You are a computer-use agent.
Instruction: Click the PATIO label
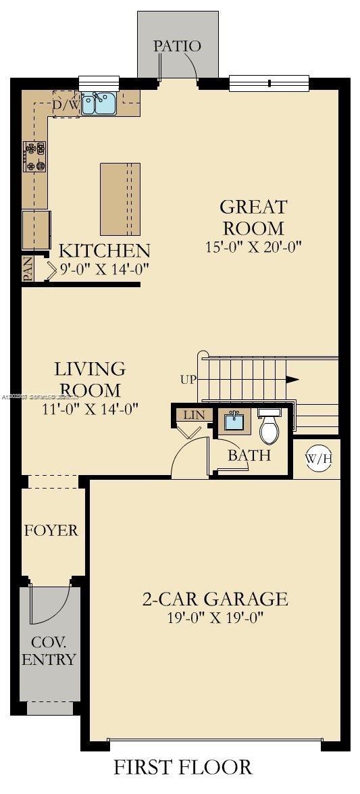pyautogui.click(x=177, y=46)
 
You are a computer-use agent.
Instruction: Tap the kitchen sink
pyautogui.click(x=99, y=103)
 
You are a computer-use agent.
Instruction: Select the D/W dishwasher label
pyautogui.click(x=66, y=105)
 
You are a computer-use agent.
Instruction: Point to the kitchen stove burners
pyautogui.click(x=34, y=155)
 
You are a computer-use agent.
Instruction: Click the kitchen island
pyautogui.click(x=121, y=199)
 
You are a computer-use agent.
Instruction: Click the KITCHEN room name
pyautogui.click(x=104, y=251)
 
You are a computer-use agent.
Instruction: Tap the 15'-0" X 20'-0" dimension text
pyautogui.click(x=253, y=247)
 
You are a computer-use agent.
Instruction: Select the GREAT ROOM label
pyautogui.click(x=253, y=217)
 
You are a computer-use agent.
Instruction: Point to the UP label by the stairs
pyautogui.click(x=188, y=379)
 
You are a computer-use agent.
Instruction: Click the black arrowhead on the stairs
pyautogui.click(x=292, y=379)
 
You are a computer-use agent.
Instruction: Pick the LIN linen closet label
pyautogui.click(x=194, y=414)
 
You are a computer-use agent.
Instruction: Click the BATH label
pyautogui.click(x=249, y=455)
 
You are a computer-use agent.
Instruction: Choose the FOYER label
pyautogui.click(x=51, y=530)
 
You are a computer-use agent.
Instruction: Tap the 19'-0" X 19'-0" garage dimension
pyautogui.click(x=215, y=617)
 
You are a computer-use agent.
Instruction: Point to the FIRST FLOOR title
pyautogui.click(x=182, y=767)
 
